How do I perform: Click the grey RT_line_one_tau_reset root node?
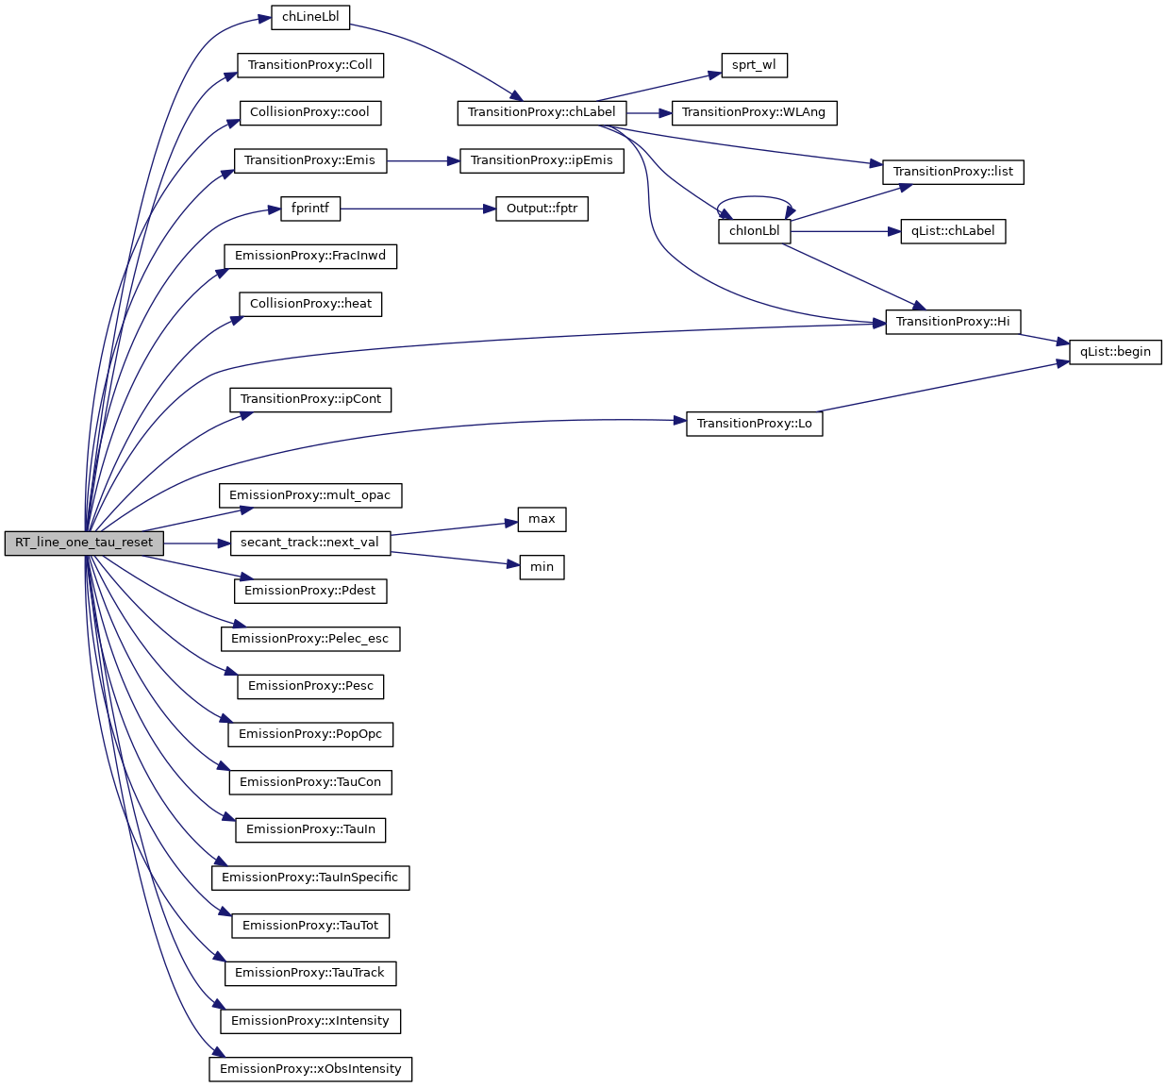tap(83, 543)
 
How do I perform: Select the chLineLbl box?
tap(310, 17)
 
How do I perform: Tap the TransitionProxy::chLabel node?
tap(542, 112)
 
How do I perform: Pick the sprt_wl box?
tap(754, 65)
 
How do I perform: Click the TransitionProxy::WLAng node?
tap(753, 112)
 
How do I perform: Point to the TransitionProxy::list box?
tap(953, 172)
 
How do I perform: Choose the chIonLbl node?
tap(754, 231)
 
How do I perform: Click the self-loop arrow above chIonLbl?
tap(754, 197)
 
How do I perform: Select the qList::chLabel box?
tap(953, 231)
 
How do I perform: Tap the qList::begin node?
tap(1115, 352)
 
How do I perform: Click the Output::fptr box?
tap(542, 209)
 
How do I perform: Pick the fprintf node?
tap(310, 209)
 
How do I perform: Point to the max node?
tap(542, 519)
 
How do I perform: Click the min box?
tap(542, 567)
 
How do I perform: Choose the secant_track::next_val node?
tap(309, 543)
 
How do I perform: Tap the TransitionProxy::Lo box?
tap(754, 424)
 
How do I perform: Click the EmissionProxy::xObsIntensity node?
tap(310, 1069)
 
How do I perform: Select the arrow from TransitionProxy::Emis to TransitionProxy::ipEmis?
tap(423, 160)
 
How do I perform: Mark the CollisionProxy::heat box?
tap(310, 304)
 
